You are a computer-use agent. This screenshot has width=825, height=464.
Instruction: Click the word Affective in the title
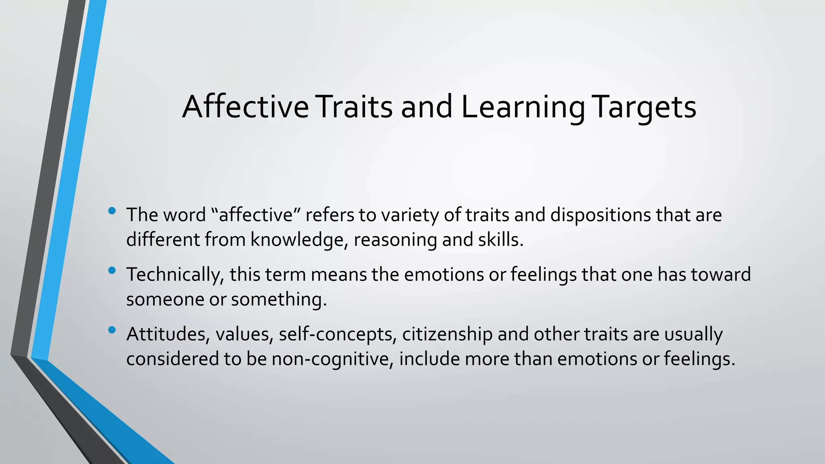coord(245,107)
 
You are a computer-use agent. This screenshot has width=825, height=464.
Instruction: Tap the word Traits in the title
coord(354,107)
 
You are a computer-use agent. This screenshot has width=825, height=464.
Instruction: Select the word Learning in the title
coord(523,107)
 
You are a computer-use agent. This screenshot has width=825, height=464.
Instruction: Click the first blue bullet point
coord(112,211)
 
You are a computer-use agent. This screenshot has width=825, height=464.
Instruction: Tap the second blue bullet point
coord(112,270)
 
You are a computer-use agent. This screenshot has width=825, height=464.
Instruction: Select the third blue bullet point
coord(112,330)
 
